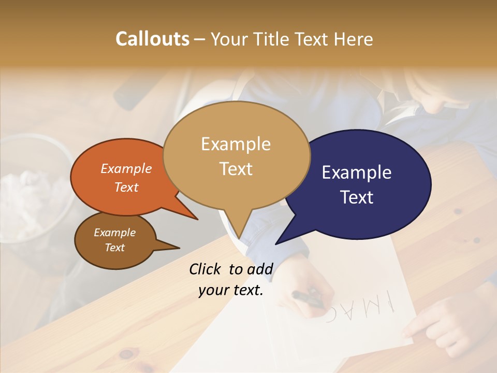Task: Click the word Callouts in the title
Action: click(152, 39)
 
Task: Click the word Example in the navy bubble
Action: click(357, 173)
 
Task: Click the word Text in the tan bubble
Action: click(236, 169)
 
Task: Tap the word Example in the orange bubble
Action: click(126, 168)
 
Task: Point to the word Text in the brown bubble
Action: click(115, 248)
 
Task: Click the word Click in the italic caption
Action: click(206, 269)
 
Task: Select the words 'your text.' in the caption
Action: click(231, 290)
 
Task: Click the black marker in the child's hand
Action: click(307, 299)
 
